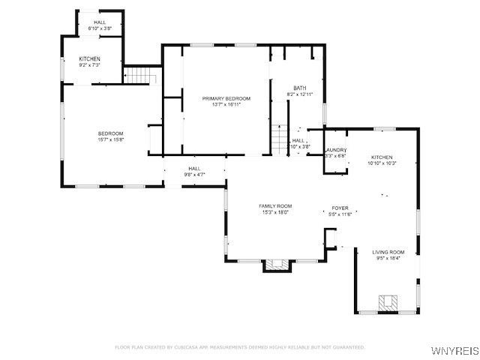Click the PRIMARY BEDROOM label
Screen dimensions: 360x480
click(226, 98)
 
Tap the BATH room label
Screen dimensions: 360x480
click(299, 88)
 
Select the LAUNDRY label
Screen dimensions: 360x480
click(335, 150)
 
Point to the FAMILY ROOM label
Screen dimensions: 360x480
click(275, 205)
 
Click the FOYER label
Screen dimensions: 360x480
click(340, 208)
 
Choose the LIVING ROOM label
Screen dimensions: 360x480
click(388, 252)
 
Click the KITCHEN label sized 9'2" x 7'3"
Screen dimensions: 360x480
click(89, 58)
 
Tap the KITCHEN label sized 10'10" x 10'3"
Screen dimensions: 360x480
click(381, 156)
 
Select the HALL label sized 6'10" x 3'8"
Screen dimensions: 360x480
click(100, 22)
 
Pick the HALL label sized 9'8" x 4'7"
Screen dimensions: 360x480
click(194, 168)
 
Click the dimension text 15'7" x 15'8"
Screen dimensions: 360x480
click(110, 139)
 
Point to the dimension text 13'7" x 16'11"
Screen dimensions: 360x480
click(226, 105)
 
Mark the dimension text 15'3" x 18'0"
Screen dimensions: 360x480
click(275, 212)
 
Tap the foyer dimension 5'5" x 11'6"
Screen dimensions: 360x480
click(340, 214)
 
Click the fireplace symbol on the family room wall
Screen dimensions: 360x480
click(275, 265)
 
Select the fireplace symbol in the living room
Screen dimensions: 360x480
click(387, 303)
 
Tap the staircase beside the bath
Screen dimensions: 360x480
click(279, 139)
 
